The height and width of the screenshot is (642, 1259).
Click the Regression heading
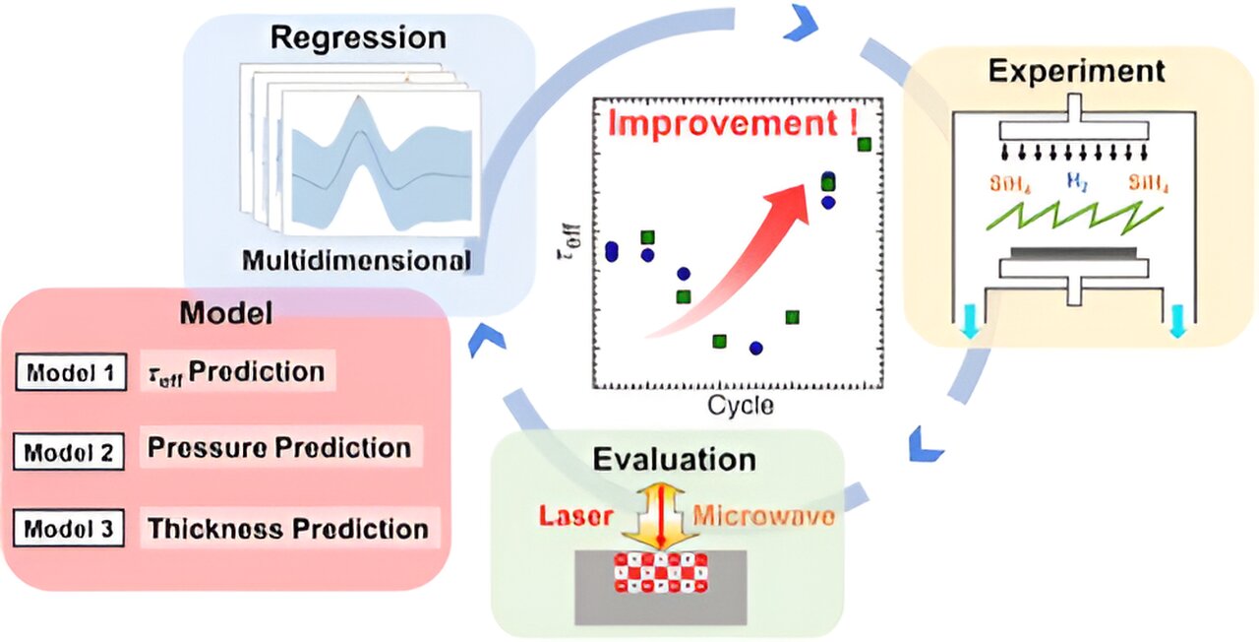point(358,38)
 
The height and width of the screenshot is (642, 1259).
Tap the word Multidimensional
point(355,261)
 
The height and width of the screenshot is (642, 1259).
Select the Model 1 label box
point(71,373)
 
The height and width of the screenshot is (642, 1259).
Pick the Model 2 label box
point(69,452)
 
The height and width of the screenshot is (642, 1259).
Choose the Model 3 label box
point(69,530)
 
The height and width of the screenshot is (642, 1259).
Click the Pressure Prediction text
point(279,448)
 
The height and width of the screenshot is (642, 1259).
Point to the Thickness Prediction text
point(288,529)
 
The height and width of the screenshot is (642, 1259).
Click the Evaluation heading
point(674,460)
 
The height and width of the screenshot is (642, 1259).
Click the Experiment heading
point(1077,71)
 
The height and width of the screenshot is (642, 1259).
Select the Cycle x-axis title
point(740,405)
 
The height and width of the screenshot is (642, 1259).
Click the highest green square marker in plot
point(865,145)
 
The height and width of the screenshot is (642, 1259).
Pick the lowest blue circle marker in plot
point(755,348)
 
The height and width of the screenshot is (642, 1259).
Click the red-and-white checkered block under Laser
point(661,573)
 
